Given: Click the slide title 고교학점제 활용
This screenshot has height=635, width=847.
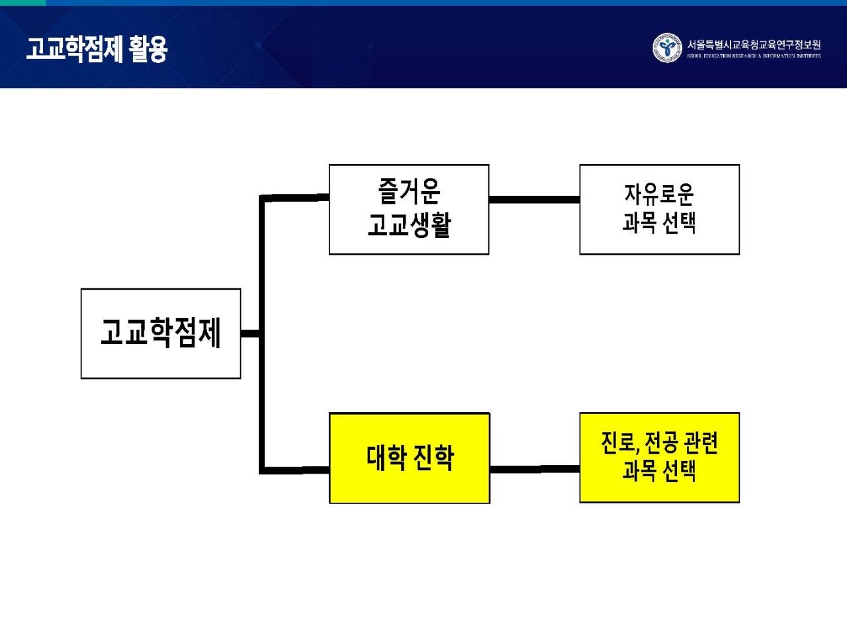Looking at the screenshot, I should [x=97, y=49].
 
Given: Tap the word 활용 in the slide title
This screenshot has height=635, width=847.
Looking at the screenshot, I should [x=149, y=49].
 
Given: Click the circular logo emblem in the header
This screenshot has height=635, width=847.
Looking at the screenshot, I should [x=666, y=48].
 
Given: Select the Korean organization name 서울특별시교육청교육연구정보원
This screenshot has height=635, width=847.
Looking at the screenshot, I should [x=754, y=44].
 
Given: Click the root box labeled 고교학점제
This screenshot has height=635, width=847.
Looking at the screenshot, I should [x=160, y=333].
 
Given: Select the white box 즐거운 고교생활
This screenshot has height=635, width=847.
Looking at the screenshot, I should [x=409, y=210].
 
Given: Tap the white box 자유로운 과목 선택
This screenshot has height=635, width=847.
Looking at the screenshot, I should [x=659, y=210].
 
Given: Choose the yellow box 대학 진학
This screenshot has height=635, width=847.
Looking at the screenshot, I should [x=409, y=458].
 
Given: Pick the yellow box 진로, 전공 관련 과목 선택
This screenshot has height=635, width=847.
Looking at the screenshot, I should [x=659, y=458].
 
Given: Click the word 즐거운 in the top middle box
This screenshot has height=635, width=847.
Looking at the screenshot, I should [x=409, y=192].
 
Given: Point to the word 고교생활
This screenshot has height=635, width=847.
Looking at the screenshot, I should [x=409, y=225].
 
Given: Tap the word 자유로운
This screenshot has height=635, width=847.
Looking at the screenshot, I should [x=659, y=194].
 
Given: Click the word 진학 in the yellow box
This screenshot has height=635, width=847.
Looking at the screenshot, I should [x=433, y=458].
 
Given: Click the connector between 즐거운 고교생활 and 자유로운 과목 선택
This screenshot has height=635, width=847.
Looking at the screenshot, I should [x=534, y=199].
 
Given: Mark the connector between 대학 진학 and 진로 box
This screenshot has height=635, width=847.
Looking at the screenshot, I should [x=534, y=469].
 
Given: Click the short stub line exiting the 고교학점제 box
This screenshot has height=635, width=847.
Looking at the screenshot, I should [x=249, y=333].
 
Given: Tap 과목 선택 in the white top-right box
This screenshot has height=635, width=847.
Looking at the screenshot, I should [x=659, y=224].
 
